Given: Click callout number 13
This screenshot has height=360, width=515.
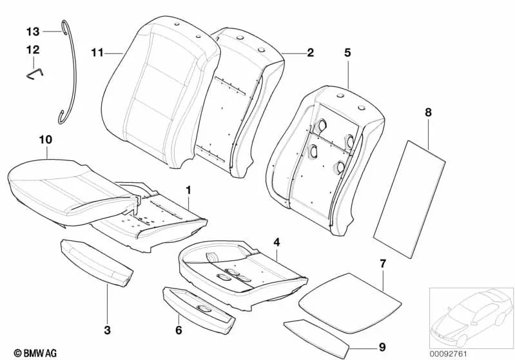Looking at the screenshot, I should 33,31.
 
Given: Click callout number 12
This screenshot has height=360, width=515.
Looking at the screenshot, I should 33,50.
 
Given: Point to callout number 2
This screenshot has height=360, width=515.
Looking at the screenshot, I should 310,53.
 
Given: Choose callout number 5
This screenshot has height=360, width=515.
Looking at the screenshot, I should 347,53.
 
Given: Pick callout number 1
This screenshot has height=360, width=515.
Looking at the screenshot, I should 188,190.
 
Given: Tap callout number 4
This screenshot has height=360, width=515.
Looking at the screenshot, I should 277,242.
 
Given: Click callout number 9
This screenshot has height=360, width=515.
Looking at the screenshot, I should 382,347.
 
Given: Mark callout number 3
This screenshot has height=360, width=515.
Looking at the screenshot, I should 107,331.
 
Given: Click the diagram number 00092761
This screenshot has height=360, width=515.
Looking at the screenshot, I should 471,352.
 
